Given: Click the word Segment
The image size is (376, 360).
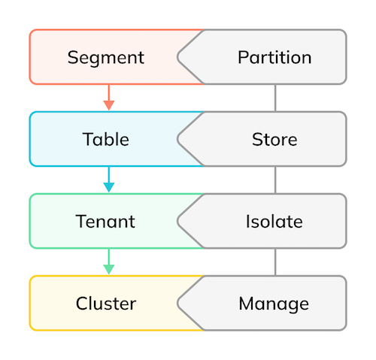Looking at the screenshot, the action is (106, 58).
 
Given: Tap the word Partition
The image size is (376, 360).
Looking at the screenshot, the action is (274, 57).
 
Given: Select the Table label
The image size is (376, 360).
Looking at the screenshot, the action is (106, 139).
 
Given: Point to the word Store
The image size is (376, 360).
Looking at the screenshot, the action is (274, 139).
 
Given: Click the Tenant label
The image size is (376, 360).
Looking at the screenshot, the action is (105, 222).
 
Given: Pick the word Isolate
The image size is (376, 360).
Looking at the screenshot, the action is (274, 222).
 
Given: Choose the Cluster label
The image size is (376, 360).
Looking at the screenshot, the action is (106, 304).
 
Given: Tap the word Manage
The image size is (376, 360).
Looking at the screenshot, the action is (274, 304).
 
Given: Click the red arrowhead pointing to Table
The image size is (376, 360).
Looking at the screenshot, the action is (109, 105).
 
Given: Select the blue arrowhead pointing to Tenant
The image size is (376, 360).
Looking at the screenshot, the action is (109, 187).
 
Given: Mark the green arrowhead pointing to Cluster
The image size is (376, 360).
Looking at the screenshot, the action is (109, 269).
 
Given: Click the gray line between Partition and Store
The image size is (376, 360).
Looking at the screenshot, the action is (275, 98).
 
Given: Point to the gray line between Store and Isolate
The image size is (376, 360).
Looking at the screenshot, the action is (275, 180).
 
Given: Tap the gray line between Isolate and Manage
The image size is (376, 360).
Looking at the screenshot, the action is (275, 262).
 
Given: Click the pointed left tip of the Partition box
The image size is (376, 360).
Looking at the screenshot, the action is (177, 57).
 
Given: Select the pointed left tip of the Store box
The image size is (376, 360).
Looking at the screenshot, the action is (177, 139).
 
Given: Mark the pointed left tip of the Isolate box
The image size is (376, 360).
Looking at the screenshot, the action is (177, 221).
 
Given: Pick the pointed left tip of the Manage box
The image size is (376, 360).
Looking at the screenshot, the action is (177, 303).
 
